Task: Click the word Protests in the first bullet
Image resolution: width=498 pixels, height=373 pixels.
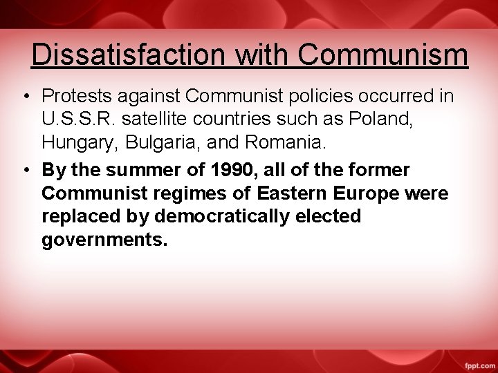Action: (x=75, y=96)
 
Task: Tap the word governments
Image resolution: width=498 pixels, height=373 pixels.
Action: (x=104, y=241)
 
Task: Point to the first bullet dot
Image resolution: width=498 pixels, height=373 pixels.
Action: (x=24, y=96)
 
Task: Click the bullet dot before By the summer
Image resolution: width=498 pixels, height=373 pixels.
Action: (x=24, y=169)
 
